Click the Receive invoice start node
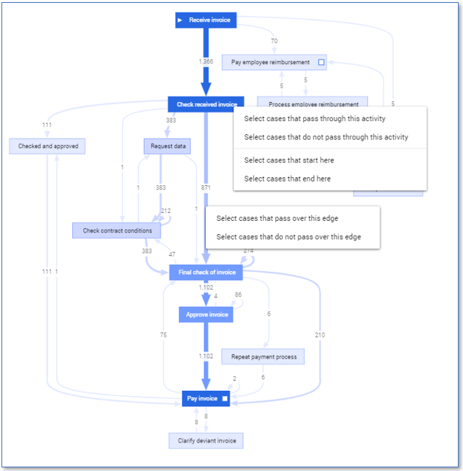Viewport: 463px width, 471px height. (206, 20)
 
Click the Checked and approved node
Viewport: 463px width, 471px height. (47, 147)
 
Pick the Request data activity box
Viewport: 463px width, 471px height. (167, 147)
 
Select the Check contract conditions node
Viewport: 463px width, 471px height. (116, 231)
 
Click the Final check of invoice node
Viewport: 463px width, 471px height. (206, 273)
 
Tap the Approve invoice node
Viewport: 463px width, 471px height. (206, 315)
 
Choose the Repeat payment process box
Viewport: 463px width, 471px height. (263, 357)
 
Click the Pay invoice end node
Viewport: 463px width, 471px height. (206, 399)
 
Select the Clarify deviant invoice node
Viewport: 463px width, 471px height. (206, 441)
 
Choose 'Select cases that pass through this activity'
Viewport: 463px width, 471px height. (315, 119)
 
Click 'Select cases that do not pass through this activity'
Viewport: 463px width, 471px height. (326, 137)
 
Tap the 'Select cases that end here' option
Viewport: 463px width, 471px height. (286, 179)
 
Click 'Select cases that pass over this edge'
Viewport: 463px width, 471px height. (277, 218)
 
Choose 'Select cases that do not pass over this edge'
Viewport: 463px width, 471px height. (288, 237)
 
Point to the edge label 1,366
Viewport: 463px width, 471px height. (206, 62)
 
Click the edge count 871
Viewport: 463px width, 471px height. (207, 188)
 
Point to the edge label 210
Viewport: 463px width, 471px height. (320, 335)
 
